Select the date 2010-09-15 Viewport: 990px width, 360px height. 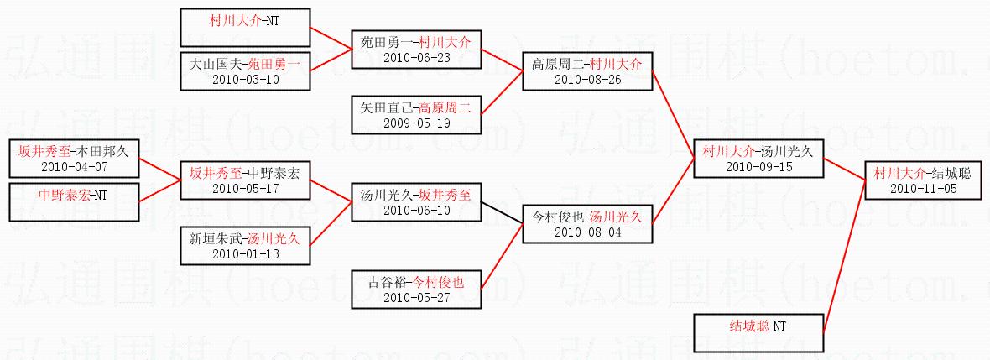click(758, 167)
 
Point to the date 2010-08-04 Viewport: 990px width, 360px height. click(586, 232)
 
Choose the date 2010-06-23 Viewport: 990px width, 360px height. click(416, 57)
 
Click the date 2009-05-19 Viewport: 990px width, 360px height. click(416, 123)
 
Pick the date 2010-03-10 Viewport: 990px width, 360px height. click(245, 80)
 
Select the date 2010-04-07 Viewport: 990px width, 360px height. click(75, 166)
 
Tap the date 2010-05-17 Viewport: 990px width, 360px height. click(245, 189)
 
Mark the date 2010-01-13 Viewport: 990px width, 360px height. click(245, 254)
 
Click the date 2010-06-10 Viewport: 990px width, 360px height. click(416, 211)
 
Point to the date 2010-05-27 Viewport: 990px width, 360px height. click(416, 298)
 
